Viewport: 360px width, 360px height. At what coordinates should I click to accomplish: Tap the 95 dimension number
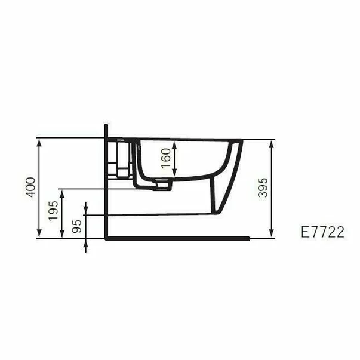point(76,227)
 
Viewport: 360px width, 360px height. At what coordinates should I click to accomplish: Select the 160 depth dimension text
point(167,159)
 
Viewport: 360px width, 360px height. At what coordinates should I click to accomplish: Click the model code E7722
point(323,233)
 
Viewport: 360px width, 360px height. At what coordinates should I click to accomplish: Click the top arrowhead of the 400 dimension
point(39,141)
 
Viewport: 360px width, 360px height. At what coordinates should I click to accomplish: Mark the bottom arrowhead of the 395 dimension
point(272,234)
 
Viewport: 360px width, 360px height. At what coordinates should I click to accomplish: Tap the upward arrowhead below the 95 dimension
point(86,241)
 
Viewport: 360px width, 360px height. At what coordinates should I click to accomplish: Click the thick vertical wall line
point(106,179)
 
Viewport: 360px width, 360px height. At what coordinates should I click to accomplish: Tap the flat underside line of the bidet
point(161,214)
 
